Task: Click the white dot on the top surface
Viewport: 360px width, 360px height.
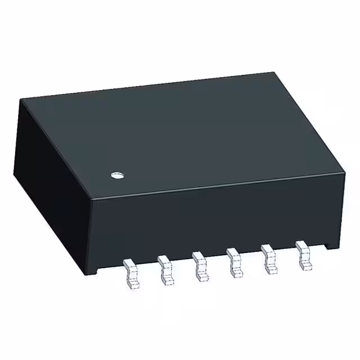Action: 116,176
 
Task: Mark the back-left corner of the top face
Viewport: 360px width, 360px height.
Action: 21,100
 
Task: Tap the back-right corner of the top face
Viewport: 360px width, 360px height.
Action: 274,72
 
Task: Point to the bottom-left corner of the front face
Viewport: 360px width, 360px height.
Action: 86,275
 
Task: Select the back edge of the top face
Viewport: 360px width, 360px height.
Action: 146,86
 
